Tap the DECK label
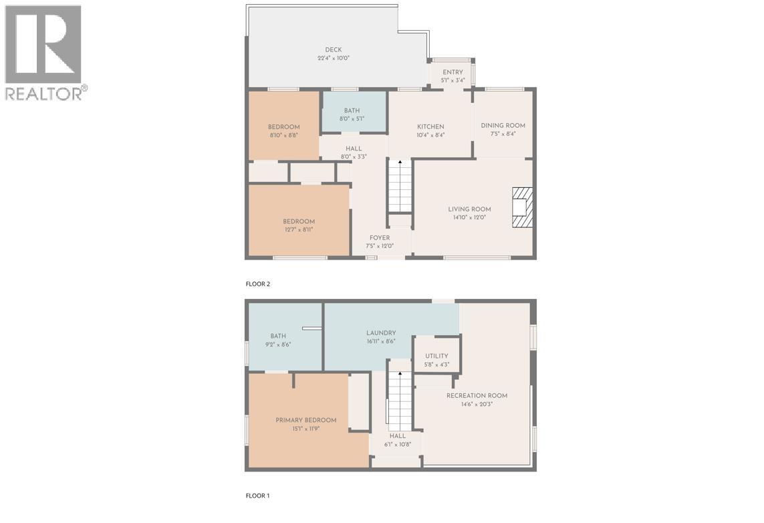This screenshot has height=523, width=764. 334,50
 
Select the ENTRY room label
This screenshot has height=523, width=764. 453,72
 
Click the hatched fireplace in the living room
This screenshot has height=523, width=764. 523,207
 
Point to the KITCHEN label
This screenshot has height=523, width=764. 430,127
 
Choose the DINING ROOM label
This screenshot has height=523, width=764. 503,126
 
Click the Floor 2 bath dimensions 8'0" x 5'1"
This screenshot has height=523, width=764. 352,119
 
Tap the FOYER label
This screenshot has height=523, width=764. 379,238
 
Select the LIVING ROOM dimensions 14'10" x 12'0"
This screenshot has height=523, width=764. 469,217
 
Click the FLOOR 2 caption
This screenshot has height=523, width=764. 258,284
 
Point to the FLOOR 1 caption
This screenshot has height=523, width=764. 258,496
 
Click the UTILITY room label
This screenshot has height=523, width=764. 436,356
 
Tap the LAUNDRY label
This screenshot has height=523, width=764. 381,333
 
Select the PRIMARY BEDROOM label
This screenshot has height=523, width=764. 306,421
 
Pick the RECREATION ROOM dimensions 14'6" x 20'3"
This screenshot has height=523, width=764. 477,404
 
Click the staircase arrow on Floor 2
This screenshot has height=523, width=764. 400,163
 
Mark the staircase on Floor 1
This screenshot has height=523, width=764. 400,401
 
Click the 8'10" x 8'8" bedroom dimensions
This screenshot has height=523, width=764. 283,135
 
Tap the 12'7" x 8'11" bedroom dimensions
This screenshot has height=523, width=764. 298,230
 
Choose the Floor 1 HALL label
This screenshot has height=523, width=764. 398,436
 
